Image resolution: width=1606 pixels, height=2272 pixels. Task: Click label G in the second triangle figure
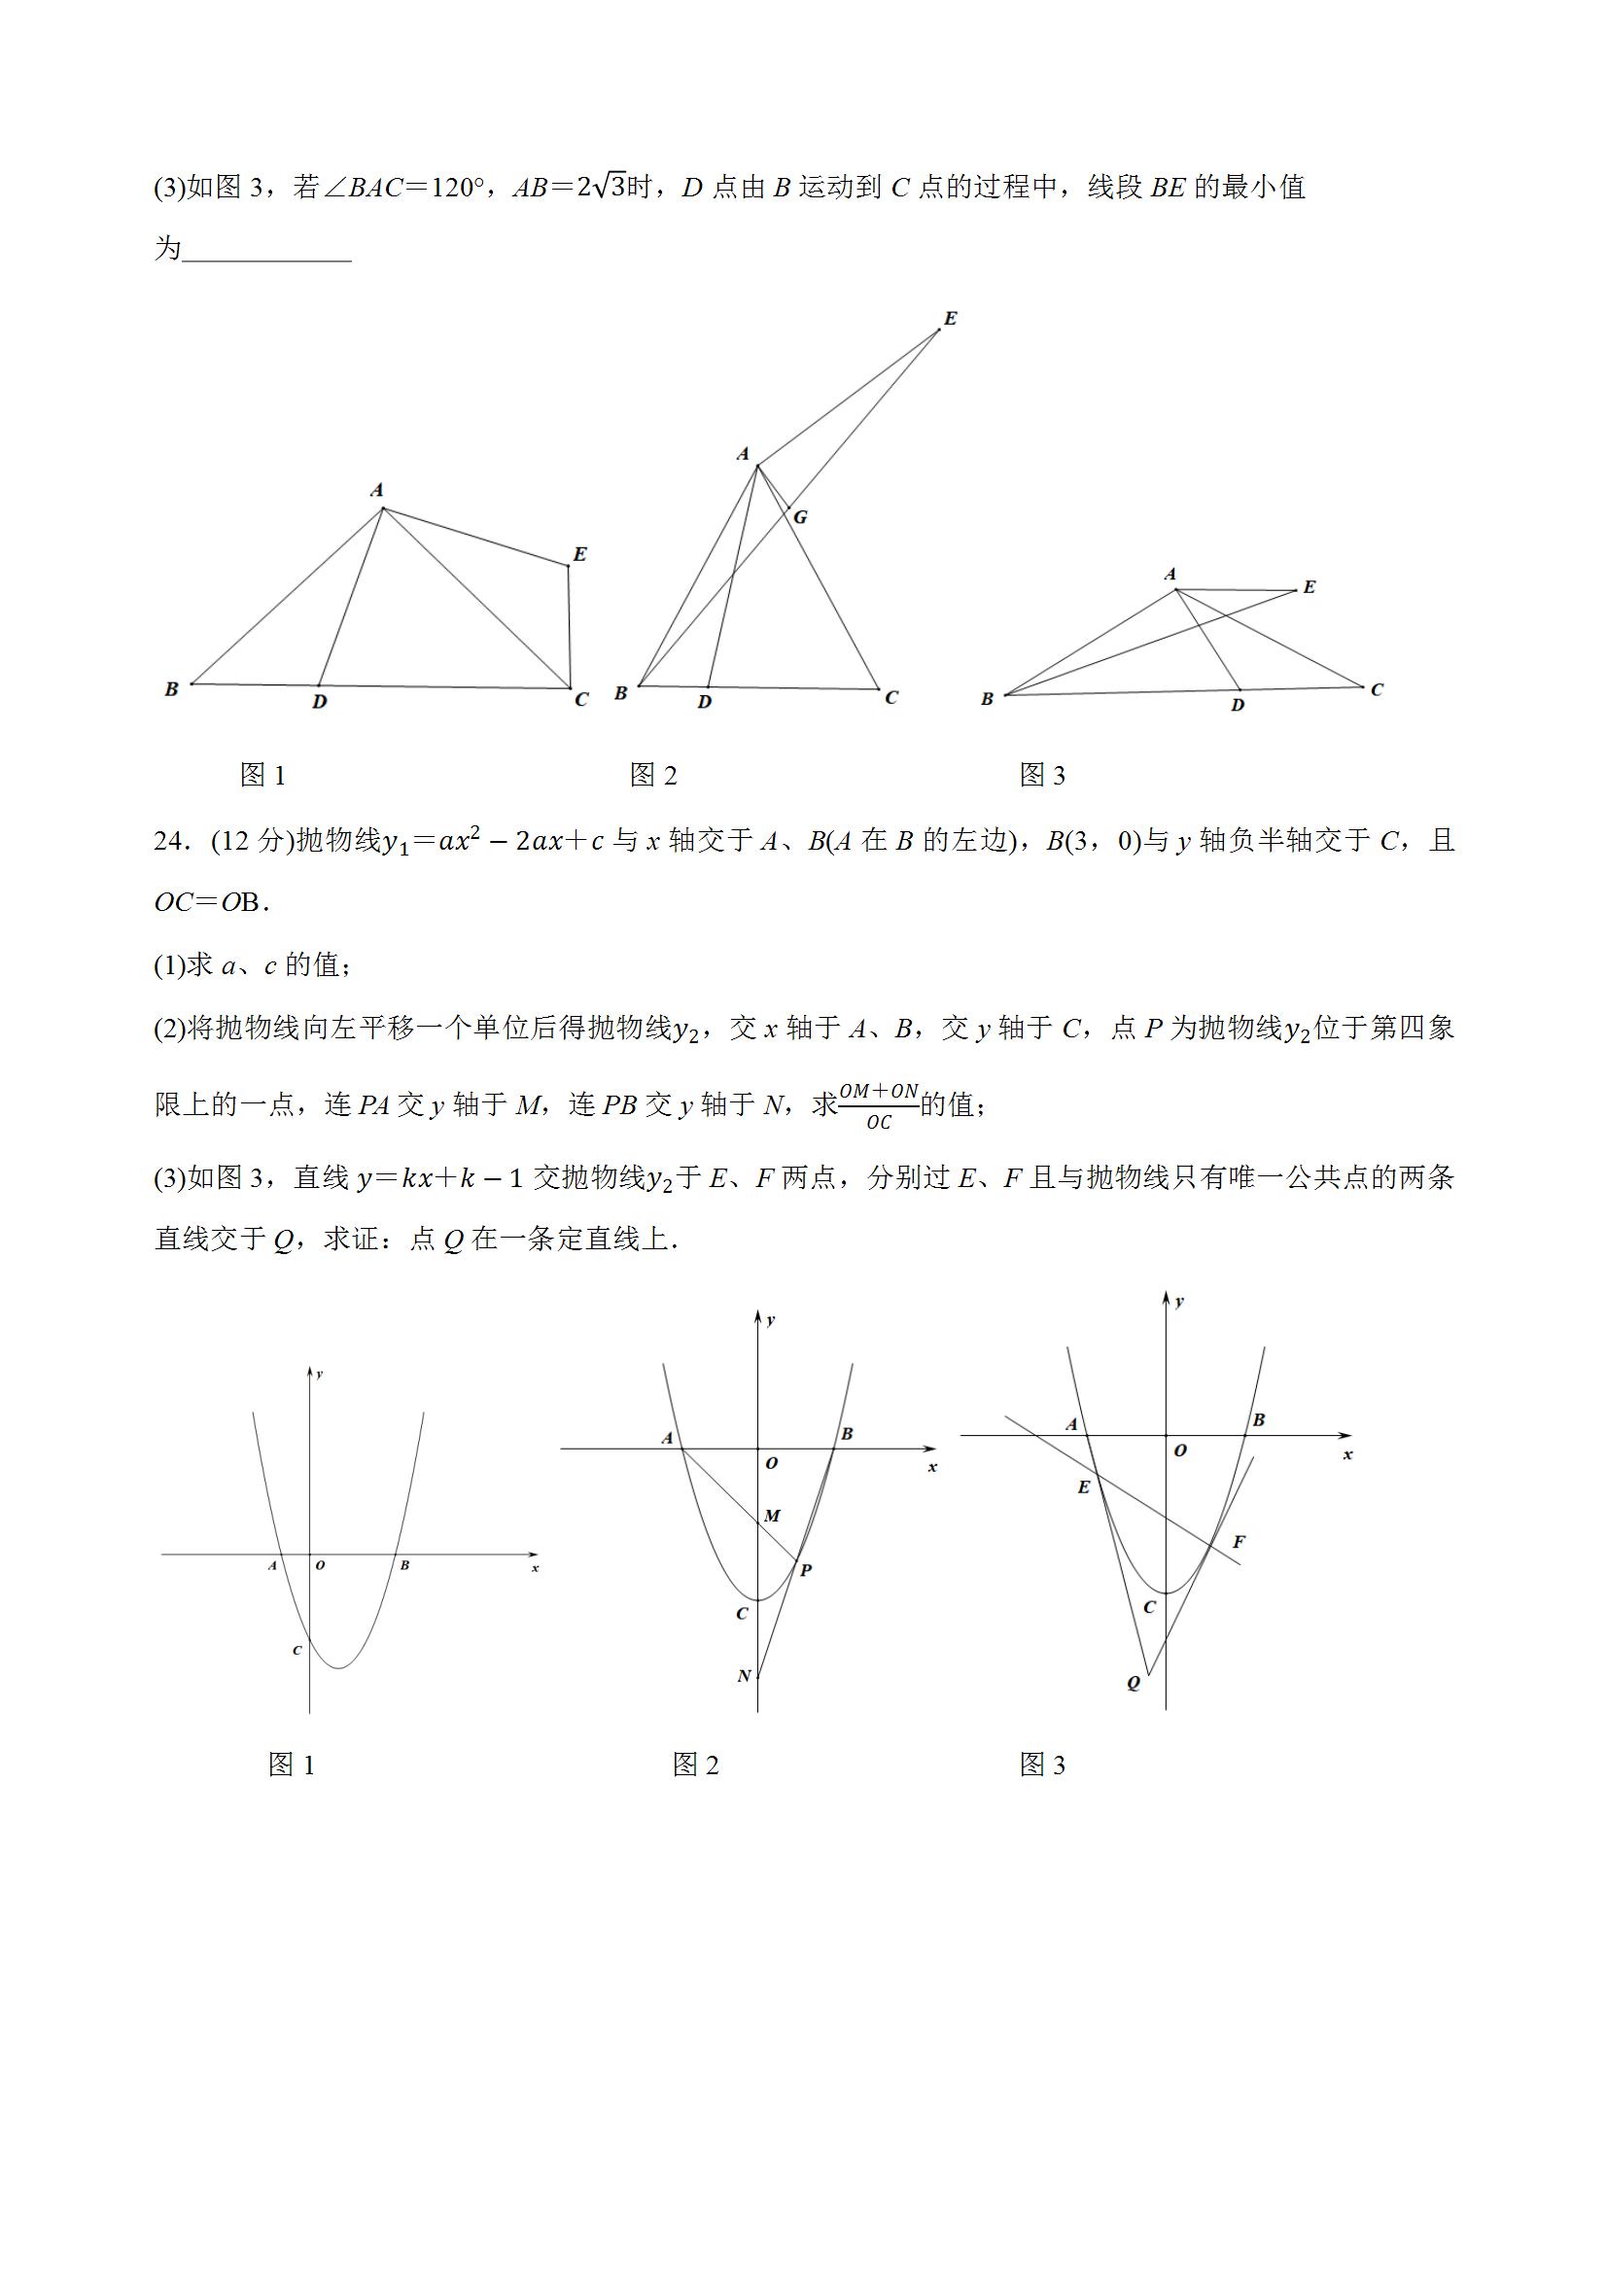[800, 517]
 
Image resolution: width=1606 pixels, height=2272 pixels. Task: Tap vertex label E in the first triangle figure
[579, 554]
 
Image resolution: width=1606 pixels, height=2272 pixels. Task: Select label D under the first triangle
[320, 702]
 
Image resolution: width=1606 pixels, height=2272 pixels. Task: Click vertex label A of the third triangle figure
[1170, 574]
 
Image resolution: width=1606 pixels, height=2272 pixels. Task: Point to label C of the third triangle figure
[1377, 689]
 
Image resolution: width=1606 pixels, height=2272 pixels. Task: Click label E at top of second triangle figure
[950, 319]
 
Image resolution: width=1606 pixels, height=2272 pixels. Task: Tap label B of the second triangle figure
[620, 694]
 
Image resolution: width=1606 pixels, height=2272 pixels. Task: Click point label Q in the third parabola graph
[1133, 1683]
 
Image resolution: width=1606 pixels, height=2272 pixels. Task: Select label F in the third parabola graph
[1238, 1542]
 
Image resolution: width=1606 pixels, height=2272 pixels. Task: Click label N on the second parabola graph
[744, 1676]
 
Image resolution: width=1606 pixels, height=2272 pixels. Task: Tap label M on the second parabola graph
[773, 1516]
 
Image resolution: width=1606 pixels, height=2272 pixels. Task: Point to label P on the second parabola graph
[806, 1570]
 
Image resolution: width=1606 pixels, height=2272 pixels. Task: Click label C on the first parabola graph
[296, 1651]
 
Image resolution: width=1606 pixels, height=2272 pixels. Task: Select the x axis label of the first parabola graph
[536, 1568]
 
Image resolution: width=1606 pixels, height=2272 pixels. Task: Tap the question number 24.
[169, 842]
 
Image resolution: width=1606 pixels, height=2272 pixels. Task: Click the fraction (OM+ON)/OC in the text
[878, 1105]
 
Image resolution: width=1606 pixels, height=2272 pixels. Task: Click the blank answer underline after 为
[267, 249]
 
